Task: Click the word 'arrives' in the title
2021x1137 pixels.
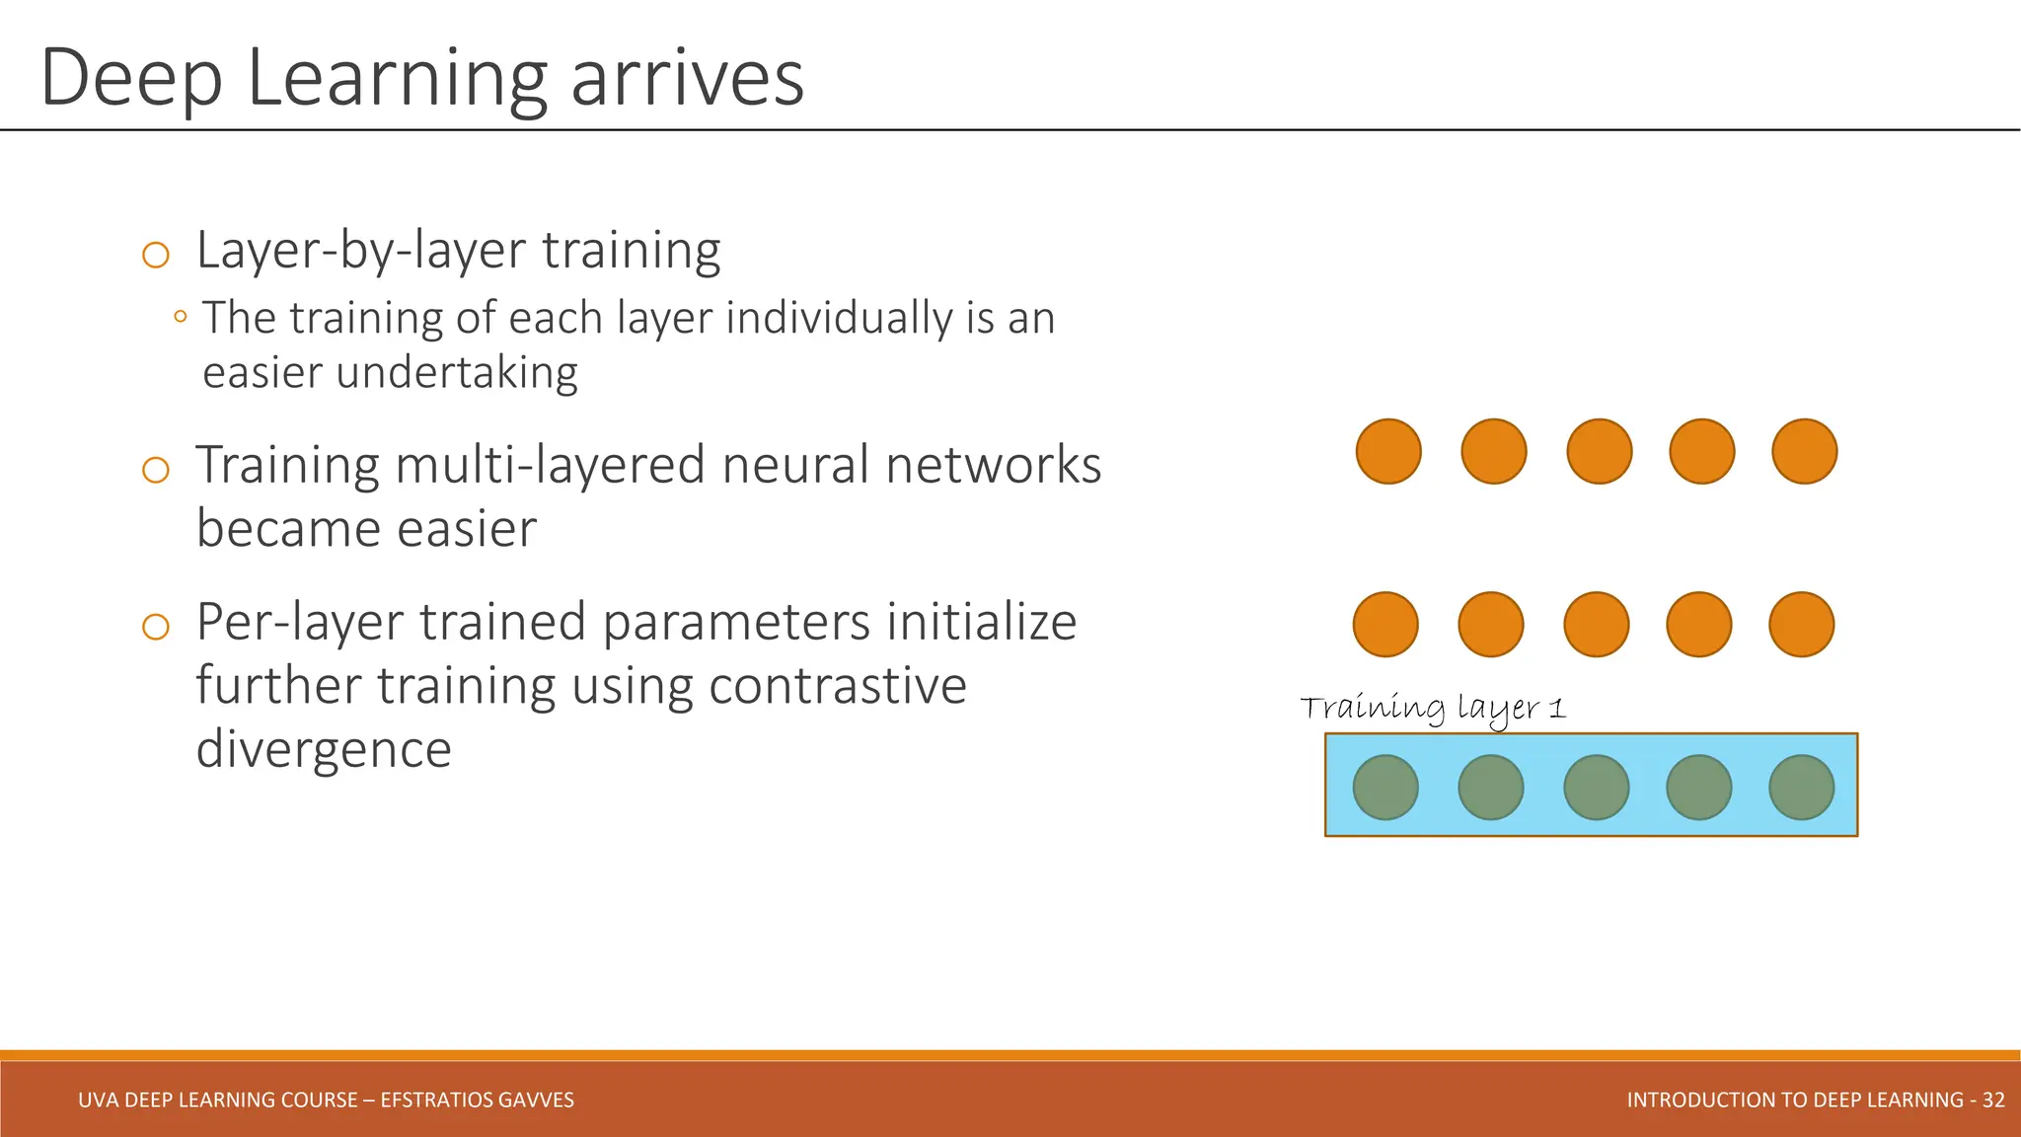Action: tap(687, 79)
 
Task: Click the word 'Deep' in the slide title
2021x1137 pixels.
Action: tap(130, 79)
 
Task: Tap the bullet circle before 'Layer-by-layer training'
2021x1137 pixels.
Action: tap(156, 256)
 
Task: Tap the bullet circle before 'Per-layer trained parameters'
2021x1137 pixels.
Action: tap(156, 627)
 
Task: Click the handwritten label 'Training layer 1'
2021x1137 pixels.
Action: tap(1432, 708)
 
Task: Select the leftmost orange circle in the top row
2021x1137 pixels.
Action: tap(1388, 451)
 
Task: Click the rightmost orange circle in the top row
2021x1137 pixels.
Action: tap(1804, 451)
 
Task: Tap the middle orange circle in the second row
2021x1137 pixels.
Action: tap(1596, 624)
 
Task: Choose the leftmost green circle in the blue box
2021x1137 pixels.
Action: tap(1385, 787)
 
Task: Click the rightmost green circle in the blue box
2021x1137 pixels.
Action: tap(1801, 787)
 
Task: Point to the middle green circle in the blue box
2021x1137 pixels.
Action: tap(1596, 787)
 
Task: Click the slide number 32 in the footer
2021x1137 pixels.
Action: tap(1993, 1099)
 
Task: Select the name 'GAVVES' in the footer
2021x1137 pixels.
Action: tap(538, 1099)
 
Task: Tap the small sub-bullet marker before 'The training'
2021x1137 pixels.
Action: tap(180, 317)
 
